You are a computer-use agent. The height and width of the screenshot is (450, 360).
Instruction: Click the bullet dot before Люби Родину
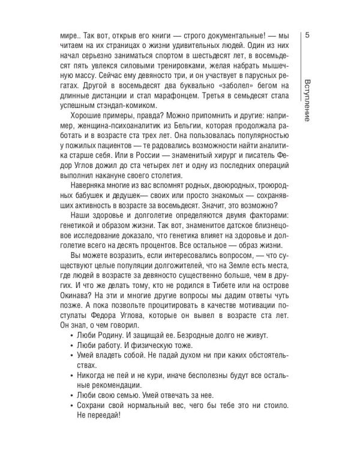(x=72, y=335)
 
